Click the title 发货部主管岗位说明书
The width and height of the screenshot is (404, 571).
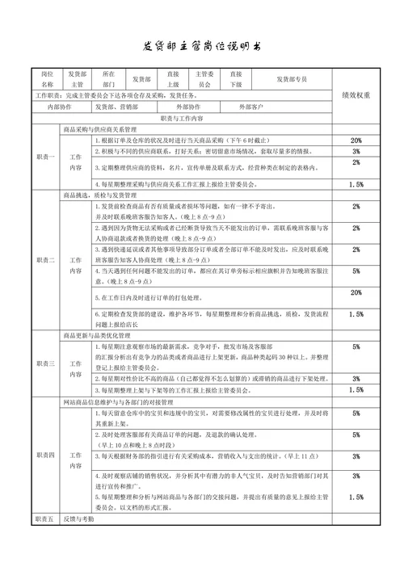pyautogui.click(x=203, y=46)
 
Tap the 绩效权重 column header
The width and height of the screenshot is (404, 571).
pyautogui.click(x=356, y=94)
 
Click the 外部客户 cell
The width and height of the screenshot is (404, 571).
pyautogui.click(x=250, y=107)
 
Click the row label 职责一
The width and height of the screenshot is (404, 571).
pyautogui.click(x=45, y=157)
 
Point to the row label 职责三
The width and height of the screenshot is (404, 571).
pyautogui.click(x=45, y=363)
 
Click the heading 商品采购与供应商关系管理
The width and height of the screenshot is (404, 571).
pyautogui.click(x=99, y=129)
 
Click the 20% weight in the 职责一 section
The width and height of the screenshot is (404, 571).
pyautogui.click(x=356, y=141)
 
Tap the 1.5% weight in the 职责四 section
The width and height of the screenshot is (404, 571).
pyautogui.click(x=356, y=498)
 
